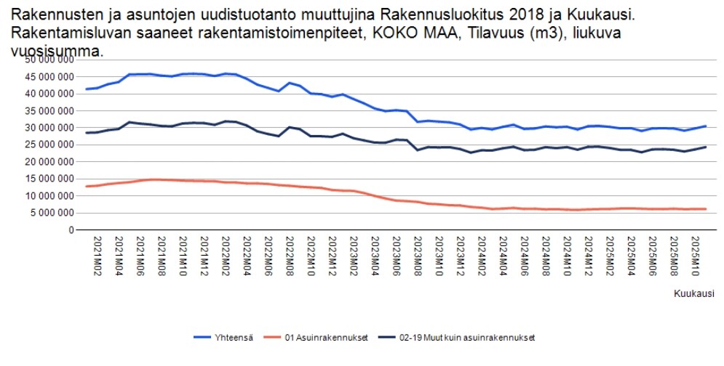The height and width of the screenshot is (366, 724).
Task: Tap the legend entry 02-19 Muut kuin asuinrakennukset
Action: [479, 337]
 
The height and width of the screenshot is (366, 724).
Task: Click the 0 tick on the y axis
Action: [71, 230]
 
